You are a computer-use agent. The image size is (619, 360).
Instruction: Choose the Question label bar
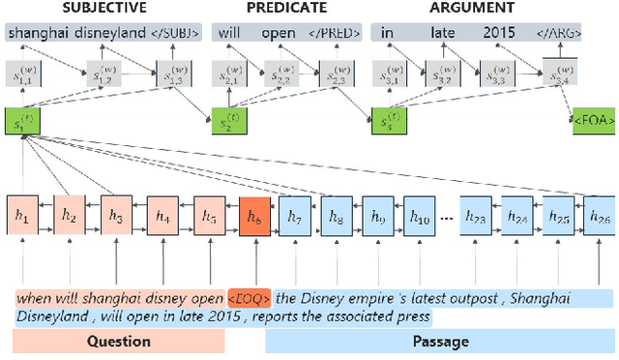pos(118,341)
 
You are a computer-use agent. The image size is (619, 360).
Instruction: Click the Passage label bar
pos(441,341)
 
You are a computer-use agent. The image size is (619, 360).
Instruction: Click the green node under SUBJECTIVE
pos(18,124)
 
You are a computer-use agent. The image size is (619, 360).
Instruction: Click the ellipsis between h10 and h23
pos(446,216)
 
